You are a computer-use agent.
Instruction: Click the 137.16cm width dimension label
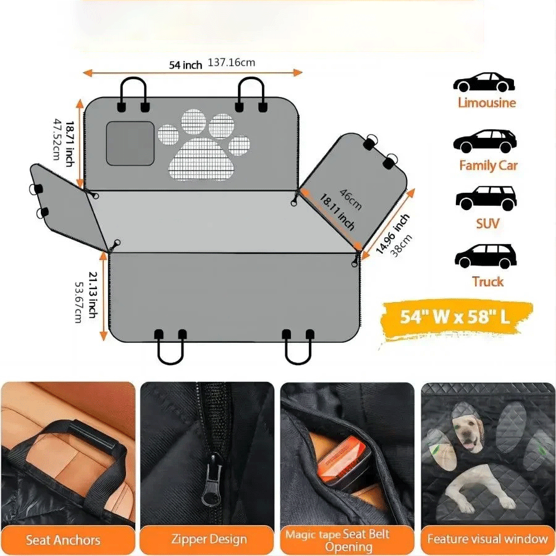pos(231,62)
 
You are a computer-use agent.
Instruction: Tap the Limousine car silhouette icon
pos(484,83)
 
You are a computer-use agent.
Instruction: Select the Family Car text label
pos(487,166)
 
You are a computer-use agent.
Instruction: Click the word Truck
pos(487,282)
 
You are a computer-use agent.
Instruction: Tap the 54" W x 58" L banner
pos(455,317)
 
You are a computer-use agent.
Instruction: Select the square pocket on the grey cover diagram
pos(130,143)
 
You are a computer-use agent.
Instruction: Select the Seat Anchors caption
pos(63,540)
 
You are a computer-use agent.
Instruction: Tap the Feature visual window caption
pos(487,539)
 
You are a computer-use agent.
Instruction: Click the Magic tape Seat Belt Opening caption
pos(348,540)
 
